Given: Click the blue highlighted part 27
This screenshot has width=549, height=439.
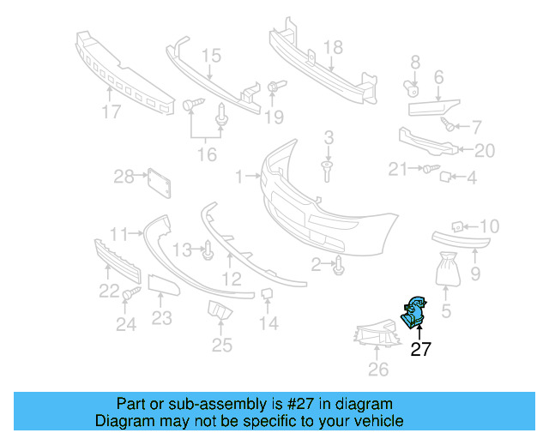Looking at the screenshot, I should pos(415,311).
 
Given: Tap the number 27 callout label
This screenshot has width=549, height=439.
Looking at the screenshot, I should pos(420,349).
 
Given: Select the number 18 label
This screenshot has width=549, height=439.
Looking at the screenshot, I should pos(332,47).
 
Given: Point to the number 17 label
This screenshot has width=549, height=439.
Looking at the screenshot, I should pos(111,111).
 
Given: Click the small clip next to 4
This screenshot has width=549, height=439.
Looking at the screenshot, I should pos(446,178).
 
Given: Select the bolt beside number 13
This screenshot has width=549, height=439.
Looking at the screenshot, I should pos(208,251).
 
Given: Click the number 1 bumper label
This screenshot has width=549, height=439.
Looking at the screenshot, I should pos(239,177).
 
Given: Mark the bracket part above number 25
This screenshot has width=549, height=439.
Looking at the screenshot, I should pos(219,312).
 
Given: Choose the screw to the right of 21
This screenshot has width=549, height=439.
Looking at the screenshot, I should pos(429,170).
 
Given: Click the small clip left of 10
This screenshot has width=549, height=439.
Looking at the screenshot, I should pos(458,226).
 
